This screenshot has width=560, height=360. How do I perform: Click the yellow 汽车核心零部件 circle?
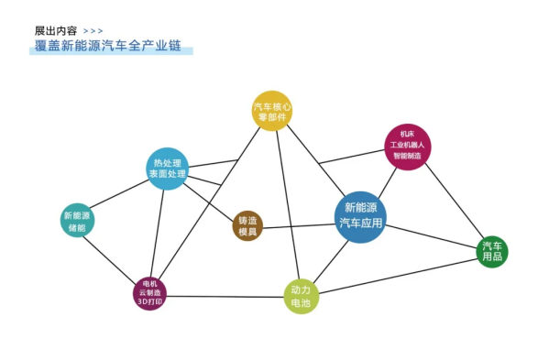pyautogui.click(x=272, y=111)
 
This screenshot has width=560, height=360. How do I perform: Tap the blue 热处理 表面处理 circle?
pyautogui.click(x=167, y=169)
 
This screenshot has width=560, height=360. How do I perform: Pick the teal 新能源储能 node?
pyautogui.click(x=77, y=221)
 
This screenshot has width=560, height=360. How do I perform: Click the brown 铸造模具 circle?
pyautogui.click(x=248, y=226)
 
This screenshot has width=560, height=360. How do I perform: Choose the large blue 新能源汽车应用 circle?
pyautogui.click(x=360, y=216)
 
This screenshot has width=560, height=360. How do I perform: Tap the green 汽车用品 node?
pyautogui.click(x=492, y=250)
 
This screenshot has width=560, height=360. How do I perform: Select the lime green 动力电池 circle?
pyautogui.click(x=301, y=296)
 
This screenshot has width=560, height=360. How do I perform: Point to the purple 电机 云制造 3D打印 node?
pyautogui.click(x=149, y=293)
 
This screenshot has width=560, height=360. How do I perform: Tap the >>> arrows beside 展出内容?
pyautogui.click(x=93, y=31)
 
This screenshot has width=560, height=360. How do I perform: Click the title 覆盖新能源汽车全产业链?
pyautogui.click(x=108, y=47)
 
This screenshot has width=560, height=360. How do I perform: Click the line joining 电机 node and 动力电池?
pyautogui.click(x=225, y=295)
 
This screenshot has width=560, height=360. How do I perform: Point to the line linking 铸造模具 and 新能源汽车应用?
pyautogui.click(x=298, y=224)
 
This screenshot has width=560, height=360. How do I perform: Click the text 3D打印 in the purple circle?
pyautogui.click(x=149, y=301)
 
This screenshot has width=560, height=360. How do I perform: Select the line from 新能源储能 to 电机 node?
pyautogui.click(x=112, y=256)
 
